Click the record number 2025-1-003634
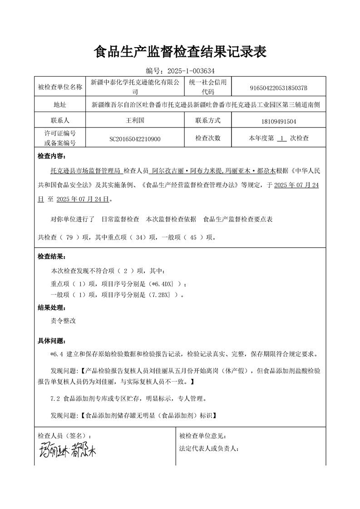click(x=191, y=71)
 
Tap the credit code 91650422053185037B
click(x=279, y=88)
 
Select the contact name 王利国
click(x=134, y=121)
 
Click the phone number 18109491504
click(x=279, y=122)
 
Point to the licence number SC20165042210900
click(x=134, y=138)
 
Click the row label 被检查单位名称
click(x=60, y=88)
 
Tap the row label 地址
click(x=60, y=105)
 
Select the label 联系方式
click(x=207, y=121)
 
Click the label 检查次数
click(x=207, y=138)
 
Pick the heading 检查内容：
click(x=51, y=156)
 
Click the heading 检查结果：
click(x=51, y=257)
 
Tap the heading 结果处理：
click(x=51, y=308)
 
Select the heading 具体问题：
click(x=51, y=341)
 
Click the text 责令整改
click(x=63, y=320)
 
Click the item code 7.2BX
click(x=159, y=295)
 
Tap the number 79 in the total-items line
click(x=69, y=237)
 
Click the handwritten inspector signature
click(x=67, y=450)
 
